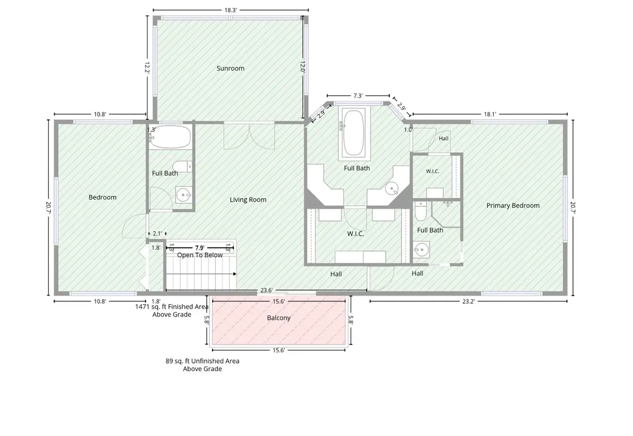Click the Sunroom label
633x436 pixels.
[x=231, y=68]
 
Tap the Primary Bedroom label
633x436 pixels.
[x=512, y=205]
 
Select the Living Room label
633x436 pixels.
[x=248, y=199]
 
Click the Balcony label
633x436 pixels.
[x=279, y=318]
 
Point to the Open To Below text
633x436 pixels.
[x=200, y=255]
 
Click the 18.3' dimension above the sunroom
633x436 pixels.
[x=231, y=10]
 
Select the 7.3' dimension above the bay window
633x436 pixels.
[x=358, y=96]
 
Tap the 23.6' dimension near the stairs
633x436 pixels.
[x=266, y=290]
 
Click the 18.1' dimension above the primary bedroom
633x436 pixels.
[x=490, y=114]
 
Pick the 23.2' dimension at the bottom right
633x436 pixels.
[x=469, y=301]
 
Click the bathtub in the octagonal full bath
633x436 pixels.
[x=354, y=132]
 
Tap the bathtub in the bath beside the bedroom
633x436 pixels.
[x=170, y=137]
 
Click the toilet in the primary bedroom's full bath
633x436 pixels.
[x=420, y=212]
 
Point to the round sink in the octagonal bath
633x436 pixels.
[x=391, y=188]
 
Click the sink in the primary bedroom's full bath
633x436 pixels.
[x=422, y=249]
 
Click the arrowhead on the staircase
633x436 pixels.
[x=234, y=274]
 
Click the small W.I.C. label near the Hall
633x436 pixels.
[x=432, y=171]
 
